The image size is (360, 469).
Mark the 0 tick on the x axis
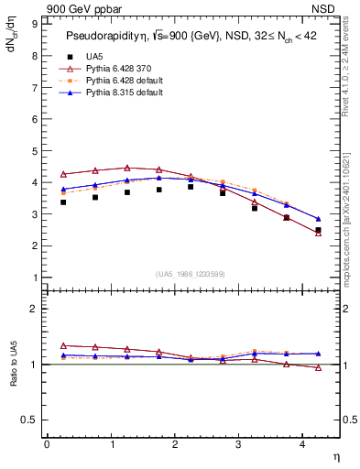coord(47,444)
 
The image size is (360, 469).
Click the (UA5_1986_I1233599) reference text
coord(191,275)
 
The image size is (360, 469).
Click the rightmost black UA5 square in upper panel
coord(318,230)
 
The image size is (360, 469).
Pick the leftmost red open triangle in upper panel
coord(63,174)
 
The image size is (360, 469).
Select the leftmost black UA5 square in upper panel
coord(63,202)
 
